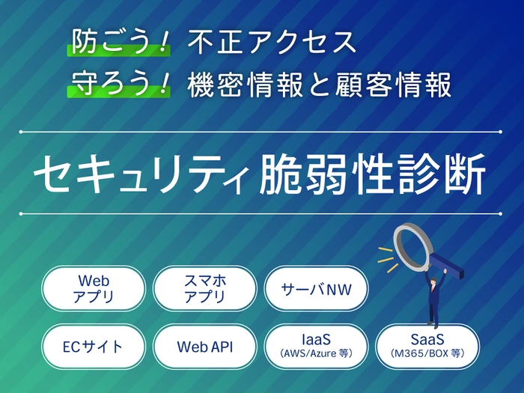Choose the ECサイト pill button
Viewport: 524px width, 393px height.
click(94, 347)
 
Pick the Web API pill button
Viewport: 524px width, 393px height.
click(204, 347)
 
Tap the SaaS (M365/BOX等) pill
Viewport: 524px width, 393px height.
click(427, 347)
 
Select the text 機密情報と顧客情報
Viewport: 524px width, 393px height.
click(320, 85)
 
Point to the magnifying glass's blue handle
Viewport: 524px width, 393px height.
click(450, 264)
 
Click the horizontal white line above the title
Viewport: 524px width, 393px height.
click(262, 132)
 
